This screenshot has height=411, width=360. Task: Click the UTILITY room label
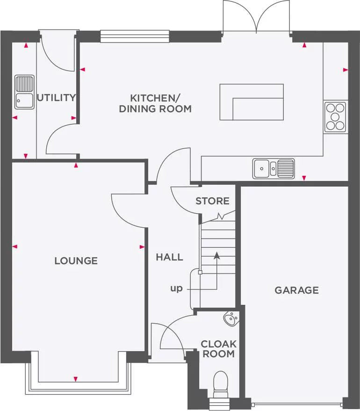[x=56, y=98]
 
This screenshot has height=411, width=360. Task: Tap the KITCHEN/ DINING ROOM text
[x=155, y=103]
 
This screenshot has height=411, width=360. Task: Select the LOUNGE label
[x=76, y=260]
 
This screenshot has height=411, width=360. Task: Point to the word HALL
[x=169, y=257]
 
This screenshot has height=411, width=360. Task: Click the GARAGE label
[x=296, y=290]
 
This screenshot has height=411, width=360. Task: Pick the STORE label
[x=212, y=201]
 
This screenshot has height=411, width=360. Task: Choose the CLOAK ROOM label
[x=218, y=349]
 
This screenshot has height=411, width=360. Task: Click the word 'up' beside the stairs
[x=176, y=288]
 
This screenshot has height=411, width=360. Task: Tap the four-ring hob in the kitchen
[x=335, y=116]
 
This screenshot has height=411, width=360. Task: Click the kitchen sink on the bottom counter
[x=274, y=168]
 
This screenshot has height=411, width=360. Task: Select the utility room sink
[x=24, y=91]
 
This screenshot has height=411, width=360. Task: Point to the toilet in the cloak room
[x=219, y=382]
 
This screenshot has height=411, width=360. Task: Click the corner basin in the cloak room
[x=231, y=319]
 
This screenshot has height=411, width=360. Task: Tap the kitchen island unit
[x=252, y=102]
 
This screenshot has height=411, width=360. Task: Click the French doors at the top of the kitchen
[x=257, y=18]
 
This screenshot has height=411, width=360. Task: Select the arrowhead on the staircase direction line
[x=216, y=255]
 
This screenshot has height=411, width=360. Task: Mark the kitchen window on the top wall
[x=135, y=36]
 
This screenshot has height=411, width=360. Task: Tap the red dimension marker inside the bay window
[x=76, y=379]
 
